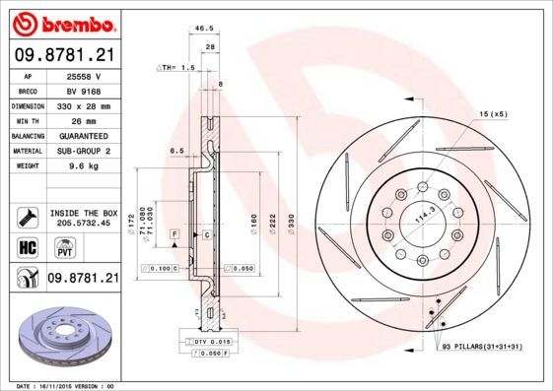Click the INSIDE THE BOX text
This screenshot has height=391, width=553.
pyautogui.click(x=83, y=213)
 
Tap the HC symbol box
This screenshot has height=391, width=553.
pyautogui.click(x=28, y=247)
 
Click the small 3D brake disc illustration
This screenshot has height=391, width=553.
pyautogui.click(x=62, y=336)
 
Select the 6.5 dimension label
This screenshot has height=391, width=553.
pyautogui.click(x=177, y=150)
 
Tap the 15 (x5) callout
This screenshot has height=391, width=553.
pyautogui.click(x=492, y=115)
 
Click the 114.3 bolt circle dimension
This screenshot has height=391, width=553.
pyautogui.click(x=421, y=223)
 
